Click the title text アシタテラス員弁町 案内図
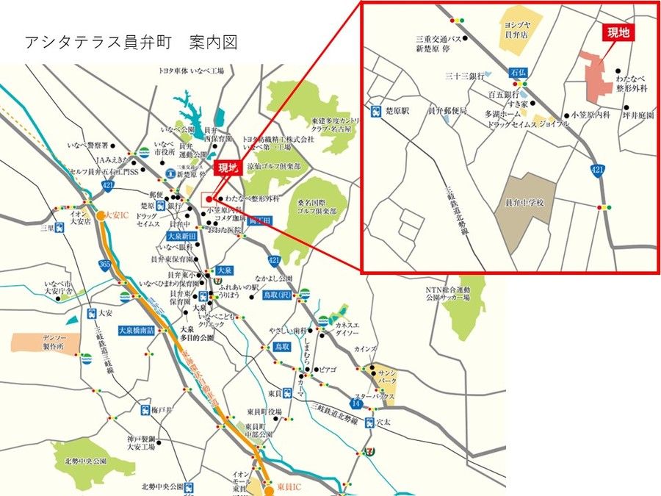click(131, 42)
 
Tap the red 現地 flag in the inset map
click(619, 33)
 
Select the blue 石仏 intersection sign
click(519, 73)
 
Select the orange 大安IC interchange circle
click(101, 216)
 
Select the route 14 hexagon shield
click(355, 403)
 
